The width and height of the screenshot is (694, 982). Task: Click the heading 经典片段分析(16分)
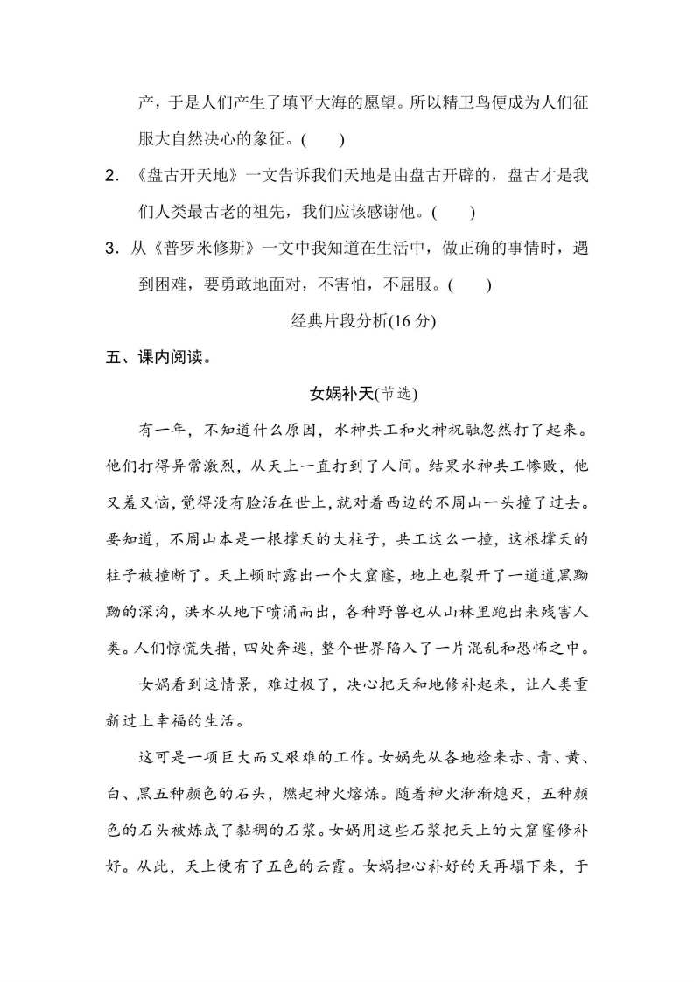pos(362,321)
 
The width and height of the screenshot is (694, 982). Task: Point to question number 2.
pos(111,175)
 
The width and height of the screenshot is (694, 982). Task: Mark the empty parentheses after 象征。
pos(321,139)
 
